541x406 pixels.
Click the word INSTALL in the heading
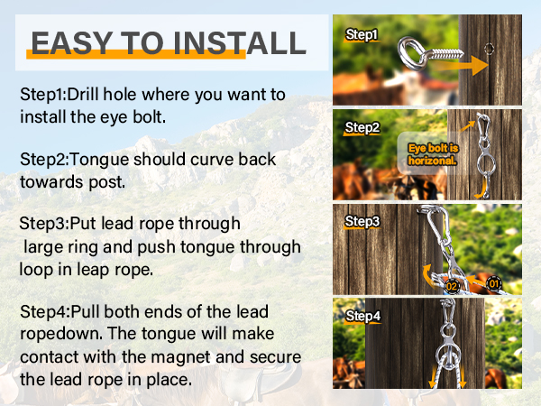(x=240, y=43)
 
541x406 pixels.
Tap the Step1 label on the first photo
(x=362, y=35)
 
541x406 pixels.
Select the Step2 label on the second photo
(x=362, y=128)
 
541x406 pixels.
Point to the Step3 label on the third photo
(x=362, y=221)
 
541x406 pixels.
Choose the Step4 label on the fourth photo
(x=363, y=316)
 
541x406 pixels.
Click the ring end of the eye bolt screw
(x=412, y=53)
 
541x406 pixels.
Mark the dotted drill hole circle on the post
(x=489, y=49)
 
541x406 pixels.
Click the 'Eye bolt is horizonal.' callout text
(x=433, y=154)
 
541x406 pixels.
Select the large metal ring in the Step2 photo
(x=486, y=163)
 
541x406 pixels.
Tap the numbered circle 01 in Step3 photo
(x=494, y=284)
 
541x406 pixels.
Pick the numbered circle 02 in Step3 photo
(x=452, y=286)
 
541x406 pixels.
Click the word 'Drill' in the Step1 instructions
(x=83, y=94)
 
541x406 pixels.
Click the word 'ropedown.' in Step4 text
(x=61, y=334)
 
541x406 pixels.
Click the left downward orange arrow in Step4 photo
(x=433, y=376)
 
